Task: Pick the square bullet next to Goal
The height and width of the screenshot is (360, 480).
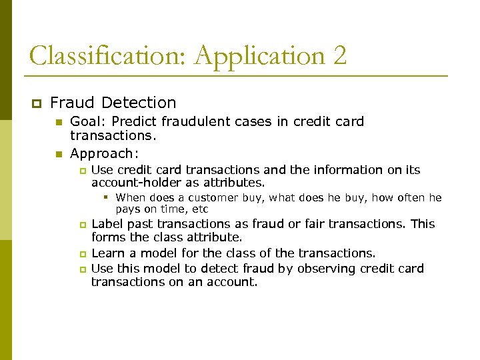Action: [x=58, y=123]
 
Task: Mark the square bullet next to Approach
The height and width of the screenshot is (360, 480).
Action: [x=58, y=155]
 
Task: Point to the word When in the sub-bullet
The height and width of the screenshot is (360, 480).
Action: [x=130, y=198]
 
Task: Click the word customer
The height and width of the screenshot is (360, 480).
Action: [x=212, y=198]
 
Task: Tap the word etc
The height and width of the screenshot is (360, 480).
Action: [x=200, y=209]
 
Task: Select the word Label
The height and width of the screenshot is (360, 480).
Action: [x=107, y=224]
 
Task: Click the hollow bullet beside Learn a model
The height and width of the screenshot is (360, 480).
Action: [x=83, y=254]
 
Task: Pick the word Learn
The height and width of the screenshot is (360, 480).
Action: [x=107, y=253]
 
